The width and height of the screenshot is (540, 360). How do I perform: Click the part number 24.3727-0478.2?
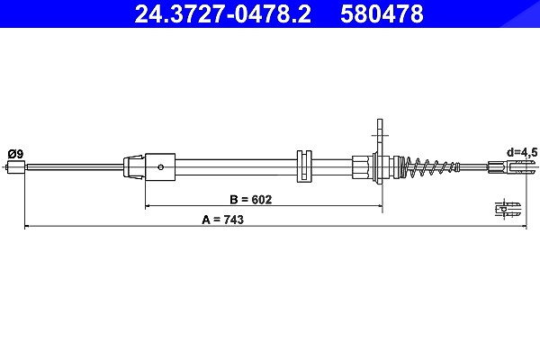(222, 13)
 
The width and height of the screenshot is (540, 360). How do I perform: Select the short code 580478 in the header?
(382, 13)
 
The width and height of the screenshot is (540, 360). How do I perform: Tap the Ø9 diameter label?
(15, 153)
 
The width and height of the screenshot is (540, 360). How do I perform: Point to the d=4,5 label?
(522, 152)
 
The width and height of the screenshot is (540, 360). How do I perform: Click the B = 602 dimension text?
(250, 199)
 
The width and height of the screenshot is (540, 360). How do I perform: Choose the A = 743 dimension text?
(222, 220)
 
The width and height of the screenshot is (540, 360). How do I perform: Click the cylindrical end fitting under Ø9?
(16, 167)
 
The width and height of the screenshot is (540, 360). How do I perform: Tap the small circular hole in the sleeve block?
(160, 167)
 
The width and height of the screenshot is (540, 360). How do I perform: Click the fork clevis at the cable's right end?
(512, 167)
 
